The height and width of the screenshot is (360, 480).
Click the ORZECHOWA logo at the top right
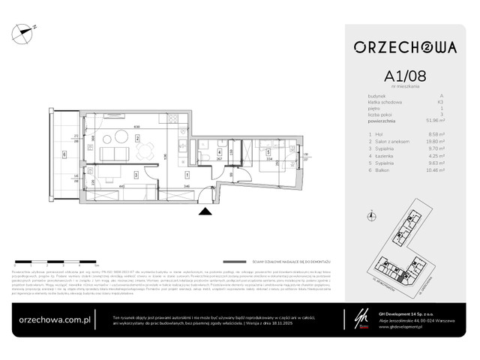coord(406,46)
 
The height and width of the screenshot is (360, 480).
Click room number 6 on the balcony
coord(64,155)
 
